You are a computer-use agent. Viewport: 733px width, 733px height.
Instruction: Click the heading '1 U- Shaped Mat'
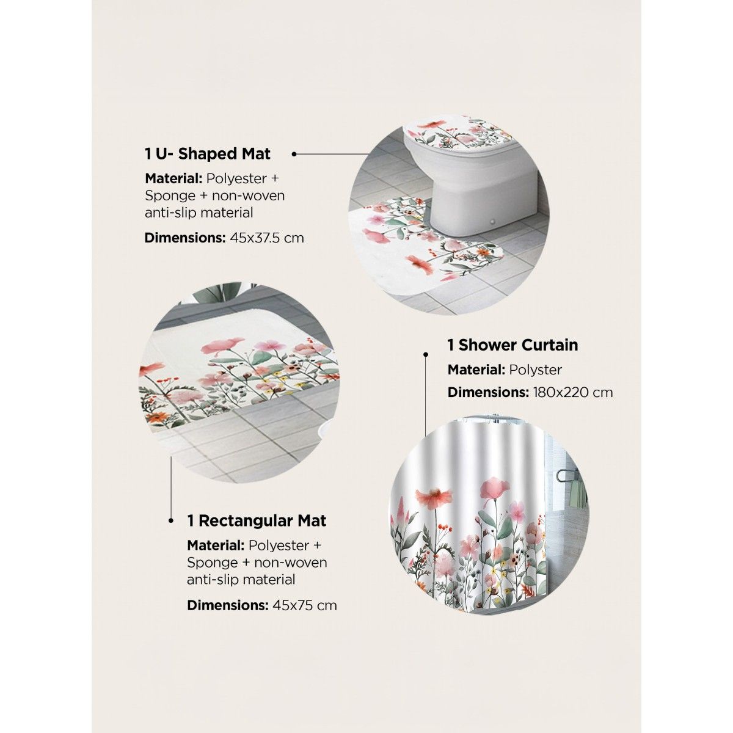[207, 154]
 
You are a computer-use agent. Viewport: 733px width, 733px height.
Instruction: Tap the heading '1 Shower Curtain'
[512, 345]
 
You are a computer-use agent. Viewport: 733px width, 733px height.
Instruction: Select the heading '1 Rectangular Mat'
[257, 521]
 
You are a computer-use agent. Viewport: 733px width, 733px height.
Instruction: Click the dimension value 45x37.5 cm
[267, 238]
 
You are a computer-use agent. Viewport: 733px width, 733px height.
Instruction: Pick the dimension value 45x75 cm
[305, 605]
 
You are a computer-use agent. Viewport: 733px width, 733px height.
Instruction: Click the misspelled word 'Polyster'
[536, 370]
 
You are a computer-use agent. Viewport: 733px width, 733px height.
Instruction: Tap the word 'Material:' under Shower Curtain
[476, 370]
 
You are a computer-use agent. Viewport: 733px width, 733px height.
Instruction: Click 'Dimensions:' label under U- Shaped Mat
[185, 238]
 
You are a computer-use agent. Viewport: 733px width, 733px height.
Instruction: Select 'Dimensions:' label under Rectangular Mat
[227, 605]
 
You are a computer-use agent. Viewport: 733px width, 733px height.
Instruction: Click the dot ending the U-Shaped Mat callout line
[294, 154]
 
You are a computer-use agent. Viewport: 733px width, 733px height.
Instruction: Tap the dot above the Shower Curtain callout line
[426, 354]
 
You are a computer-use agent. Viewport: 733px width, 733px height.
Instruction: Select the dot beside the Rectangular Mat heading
[171, 521]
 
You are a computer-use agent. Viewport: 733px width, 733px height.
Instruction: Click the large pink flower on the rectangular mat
[222, 346]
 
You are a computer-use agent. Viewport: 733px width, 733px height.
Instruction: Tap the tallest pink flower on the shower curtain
[495, 490]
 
